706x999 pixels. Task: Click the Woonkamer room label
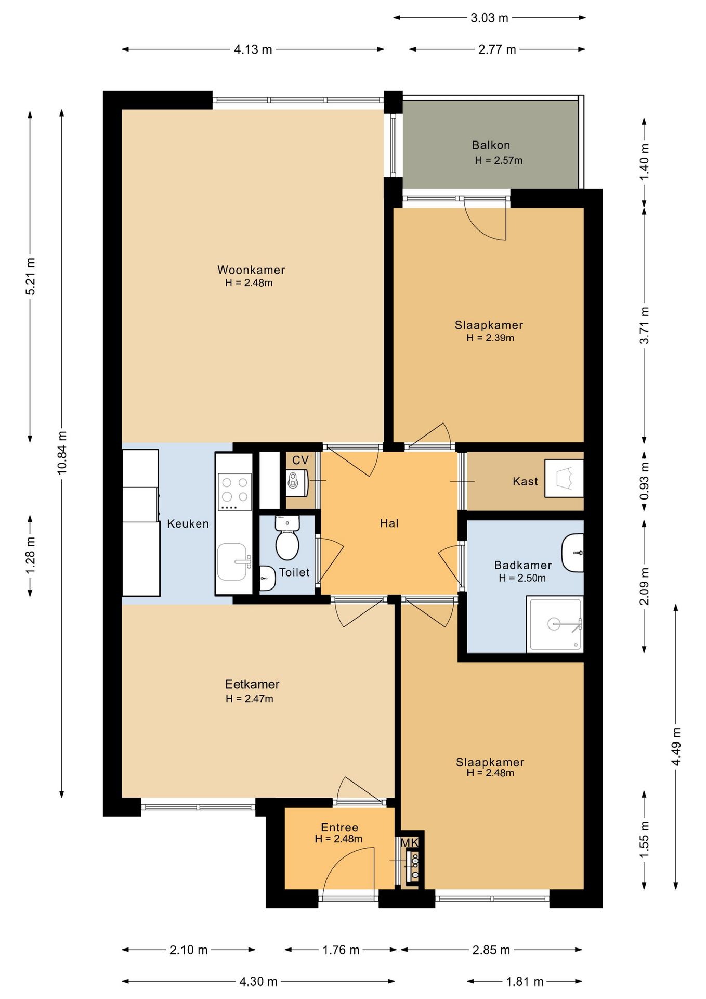tap(251, 270)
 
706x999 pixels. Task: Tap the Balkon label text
tap(491, 145)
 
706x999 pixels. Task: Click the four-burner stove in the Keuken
tap(234, 492)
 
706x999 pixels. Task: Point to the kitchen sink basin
tap(232, 562)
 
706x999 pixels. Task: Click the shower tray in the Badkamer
tap(555, 624)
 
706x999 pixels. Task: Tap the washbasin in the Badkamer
tap(573, 553)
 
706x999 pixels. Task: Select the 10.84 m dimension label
tap(62, 453)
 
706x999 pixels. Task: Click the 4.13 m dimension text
tap(253, 49)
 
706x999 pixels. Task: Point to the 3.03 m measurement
tap(489, 18)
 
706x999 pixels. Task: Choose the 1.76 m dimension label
tap(341, 950)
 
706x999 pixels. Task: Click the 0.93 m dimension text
tap(644, 481)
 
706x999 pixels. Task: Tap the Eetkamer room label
tap(252, 684)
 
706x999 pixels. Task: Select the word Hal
tap(389, 523)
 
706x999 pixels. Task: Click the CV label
tap(300, 460)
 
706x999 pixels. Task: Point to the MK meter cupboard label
tap(409, 842)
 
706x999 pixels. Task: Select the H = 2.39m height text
tap(490, 338)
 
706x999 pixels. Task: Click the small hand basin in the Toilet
tap(267, 578)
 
